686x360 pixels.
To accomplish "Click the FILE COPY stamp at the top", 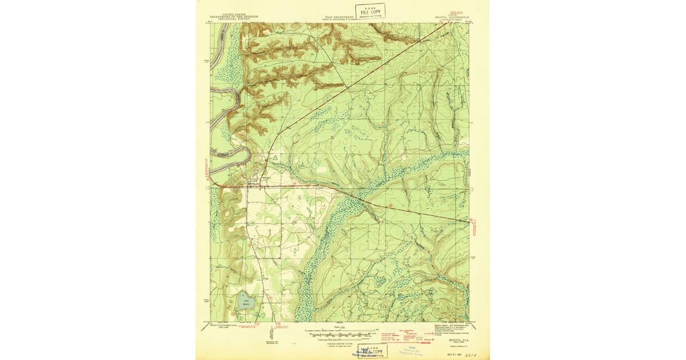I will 370,11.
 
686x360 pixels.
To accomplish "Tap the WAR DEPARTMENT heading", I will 340,17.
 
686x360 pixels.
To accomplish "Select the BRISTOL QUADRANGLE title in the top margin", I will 451,18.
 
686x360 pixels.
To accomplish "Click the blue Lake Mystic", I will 246,301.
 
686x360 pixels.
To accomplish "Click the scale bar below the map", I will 340,331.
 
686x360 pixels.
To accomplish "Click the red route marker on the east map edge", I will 472,219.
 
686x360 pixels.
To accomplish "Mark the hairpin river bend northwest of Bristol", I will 246,154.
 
